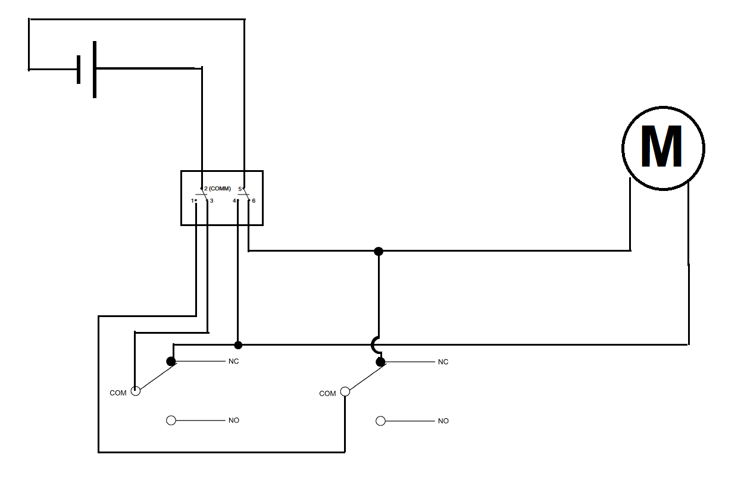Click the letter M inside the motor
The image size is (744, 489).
[x=661, y=146]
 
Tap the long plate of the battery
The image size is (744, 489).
[x=95, y=70]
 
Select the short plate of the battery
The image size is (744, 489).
[x=79, y=70]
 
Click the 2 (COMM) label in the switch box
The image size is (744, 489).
[x=217, y=189]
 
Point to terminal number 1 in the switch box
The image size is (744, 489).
[x=192, y=200]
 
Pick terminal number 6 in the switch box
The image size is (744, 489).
[x=254, y=200]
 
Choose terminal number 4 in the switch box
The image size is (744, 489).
[x=234, y=200]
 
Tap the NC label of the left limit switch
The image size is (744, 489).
[x=233, y=361]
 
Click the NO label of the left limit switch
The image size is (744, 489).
[x=234, y=420]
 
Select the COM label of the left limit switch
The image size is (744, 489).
[x=118, y=393]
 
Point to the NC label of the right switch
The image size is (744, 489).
[x=443, y=362]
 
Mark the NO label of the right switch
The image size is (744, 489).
[x=443, y=421]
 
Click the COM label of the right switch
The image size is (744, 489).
[x=327, y=394]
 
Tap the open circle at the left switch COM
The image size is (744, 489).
[x=136, y=391]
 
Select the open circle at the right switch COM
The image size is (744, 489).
[x=345, y=391]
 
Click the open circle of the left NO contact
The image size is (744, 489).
[x=171, y=420]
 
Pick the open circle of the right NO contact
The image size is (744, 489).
[x=380, y=421]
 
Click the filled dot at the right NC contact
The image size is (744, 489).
[x=380, y=362]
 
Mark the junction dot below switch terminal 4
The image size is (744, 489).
[x=238, y=345]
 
